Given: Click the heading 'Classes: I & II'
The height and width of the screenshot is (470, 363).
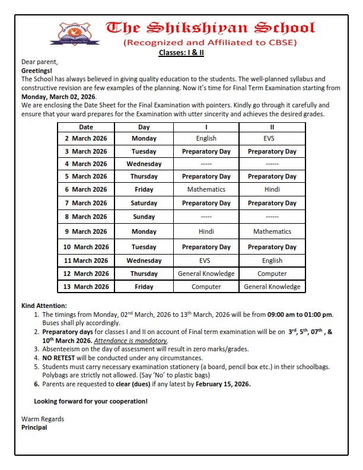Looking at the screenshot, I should (181, 52).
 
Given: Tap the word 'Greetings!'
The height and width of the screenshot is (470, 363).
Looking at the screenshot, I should (37, 70).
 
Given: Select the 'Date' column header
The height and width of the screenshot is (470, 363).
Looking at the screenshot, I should (86, 127).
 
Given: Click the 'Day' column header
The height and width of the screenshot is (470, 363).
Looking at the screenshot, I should (144, 127).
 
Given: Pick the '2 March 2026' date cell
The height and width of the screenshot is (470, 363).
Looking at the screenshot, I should (86, 138).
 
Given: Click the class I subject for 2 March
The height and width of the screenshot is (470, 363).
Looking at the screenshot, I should (206, 138).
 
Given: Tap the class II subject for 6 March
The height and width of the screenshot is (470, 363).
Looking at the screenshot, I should (272, 189).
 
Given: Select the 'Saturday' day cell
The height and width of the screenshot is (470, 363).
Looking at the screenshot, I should (144, 203).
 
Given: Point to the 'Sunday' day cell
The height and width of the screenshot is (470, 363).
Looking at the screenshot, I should (144, 217).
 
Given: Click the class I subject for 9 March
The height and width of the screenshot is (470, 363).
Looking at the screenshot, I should (206, 231).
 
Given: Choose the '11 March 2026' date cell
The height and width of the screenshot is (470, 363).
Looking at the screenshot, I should (86, 261).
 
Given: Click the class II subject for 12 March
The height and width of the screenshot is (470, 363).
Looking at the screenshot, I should (272, 274).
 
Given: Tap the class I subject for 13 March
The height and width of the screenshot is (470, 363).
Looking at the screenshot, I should (206, 287).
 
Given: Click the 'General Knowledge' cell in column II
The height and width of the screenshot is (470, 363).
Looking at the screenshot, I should (272, 287).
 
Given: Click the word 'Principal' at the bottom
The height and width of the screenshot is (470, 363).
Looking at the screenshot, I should (34, 427).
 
